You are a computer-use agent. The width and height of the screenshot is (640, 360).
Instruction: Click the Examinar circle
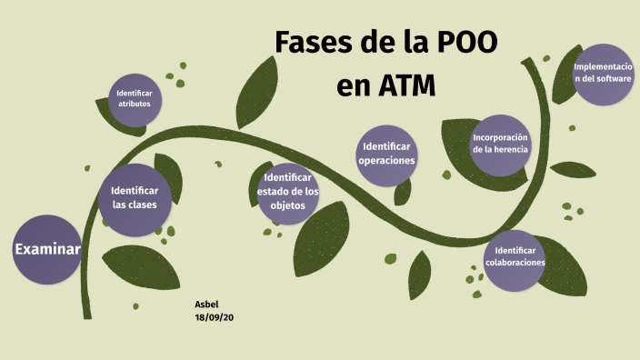coord(47,250)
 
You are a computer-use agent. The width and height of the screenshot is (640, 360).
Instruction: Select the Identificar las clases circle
coord(135,198)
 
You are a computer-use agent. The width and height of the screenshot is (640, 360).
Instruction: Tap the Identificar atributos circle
coord(135,99)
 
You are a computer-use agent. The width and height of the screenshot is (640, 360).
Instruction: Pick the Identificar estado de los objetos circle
coord(287,192)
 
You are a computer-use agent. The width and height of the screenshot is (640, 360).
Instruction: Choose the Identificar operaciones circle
coord(386,154)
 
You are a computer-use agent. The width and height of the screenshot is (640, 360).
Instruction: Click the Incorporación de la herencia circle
coord(500,144)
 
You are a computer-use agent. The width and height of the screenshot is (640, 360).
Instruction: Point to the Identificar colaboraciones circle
coord(515,257)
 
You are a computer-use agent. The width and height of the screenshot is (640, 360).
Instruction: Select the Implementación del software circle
coord(603,74)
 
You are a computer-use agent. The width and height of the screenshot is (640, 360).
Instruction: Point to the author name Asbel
coord(206,304)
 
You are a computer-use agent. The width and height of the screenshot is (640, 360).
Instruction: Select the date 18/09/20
coord(215,316)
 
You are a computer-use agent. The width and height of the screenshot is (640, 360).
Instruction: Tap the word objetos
coord(288,205)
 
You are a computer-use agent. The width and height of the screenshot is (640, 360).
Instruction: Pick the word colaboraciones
coord(515,263)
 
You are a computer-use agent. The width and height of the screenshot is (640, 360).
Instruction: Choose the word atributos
coord(135,104)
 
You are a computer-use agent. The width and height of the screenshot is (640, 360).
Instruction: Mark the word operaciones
coord(386,160)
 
